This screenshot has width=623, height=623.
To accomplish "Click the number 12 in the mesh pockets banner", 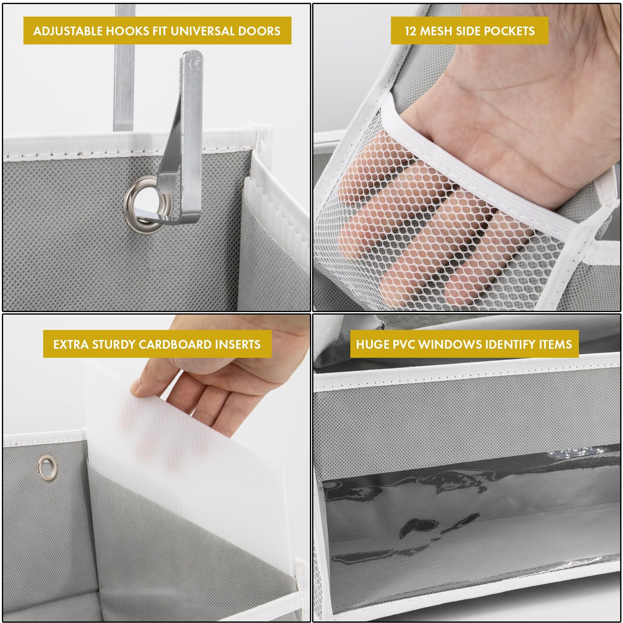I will [411, 31].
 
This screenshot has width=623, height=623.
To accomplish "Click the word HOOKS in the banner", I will [128, 31].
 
